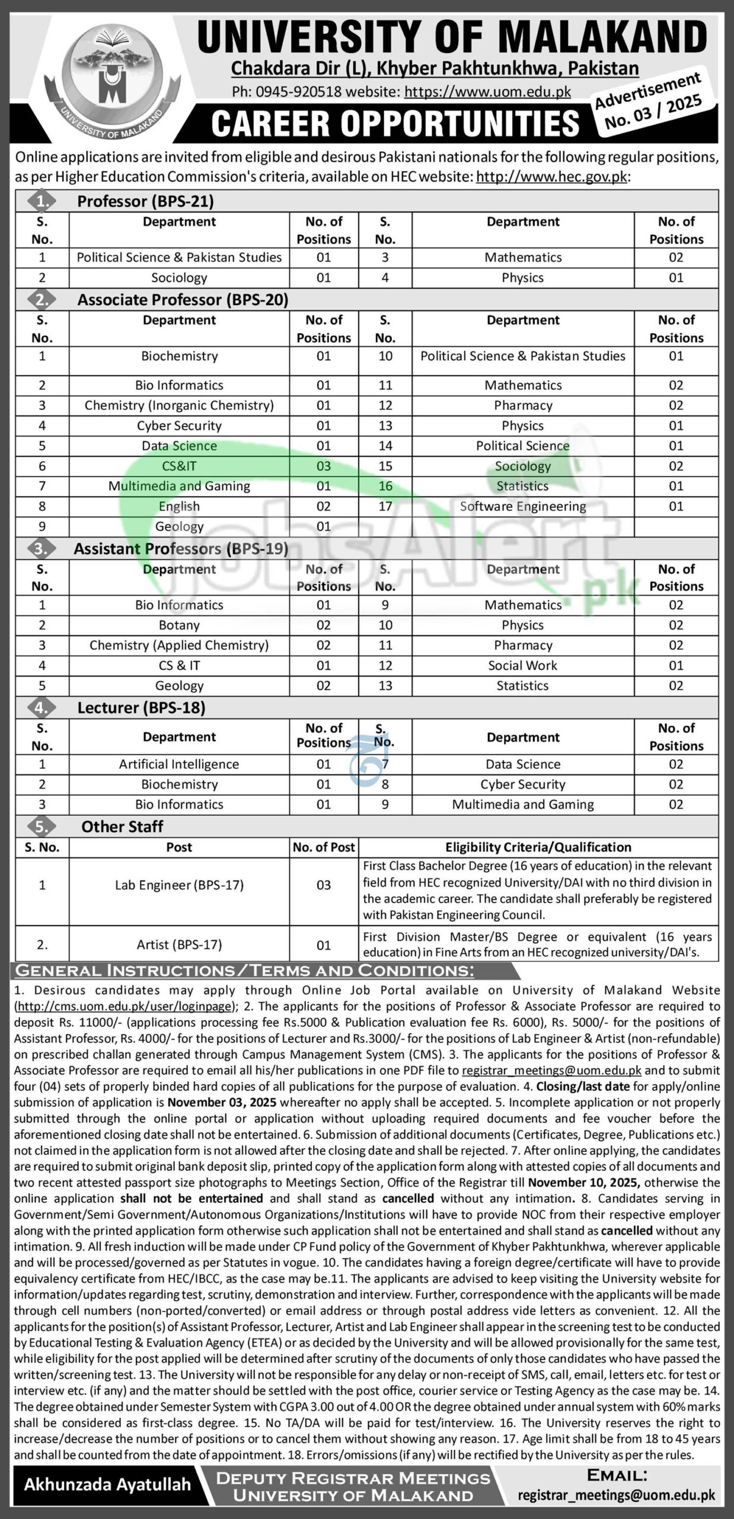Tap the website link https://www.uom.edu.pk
[x=487, y=91]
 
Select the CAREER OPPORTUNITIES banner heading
[x=395, y=123]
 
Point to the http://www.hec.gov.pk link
[x=551, y=177]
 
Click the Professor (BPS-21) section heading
[x=145, y=201]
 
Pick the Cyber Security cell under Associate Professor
[x=179, y=425]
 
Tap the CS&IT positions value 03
[x=324, y=466]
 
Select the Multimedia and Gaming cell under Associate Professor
[x=179, y=486]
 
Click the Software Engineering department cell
[x=523, y=506]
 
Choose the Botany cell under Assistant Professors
[x=179, y=625]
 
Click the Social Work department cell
[x=523, y=665]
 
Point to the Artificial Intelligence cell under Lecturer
[x=179, y=764]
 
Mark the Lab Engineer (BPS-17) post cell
[x=179, y=885]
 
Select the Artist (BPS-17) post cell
[x=179, y=944]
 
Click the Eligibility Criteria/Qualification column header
[x=538, y=847]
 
